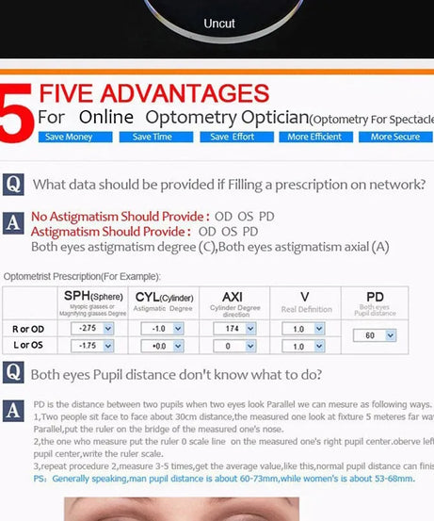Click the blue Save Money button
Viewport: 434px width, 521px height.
tap(67, 138)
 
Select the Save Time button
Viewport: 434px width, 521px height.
tap(152, 138)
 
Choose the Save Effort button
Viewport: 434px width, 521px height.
tap(232, 138)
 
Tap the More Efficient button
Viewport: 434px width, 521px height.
tap(313, 138)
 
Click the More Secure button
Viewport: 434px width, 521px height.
tap(394, 138)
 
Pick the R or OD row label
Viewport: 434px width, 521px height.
tap(29, 329)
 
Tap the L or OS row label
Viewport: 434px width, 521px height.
tap(29, 346)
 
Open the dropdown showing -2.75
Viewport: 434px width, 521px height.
tap(93, 329)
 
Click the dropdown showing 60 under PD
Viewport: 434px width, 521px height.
tap(375, 335)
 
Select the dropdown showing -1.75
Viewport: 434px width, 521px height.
tap(93, 346)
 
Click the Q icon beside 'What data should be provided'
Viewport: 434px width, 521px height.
tap(13, 184)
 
